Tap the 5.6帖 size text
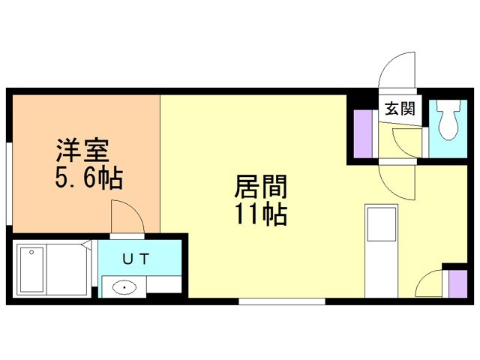[x=88, y=179]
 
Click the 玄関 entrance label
[x=400, y=109]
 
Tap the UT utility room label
[x=136, y=259]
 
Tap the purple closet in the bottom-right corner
[x=454, y=284]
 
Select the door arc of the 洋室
[x=127, y=216]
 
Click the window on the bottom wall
[x=282, y=301]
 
